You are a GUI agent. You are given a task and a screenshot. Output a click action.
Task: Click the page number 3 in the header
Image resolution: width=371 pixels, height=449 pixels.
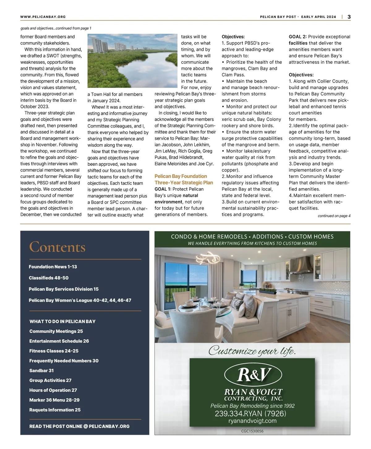[349, 17]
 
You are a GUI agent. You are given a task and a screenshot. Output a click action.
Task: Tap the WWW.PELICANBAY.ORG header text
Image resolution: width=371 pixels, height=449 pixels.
[43, 17]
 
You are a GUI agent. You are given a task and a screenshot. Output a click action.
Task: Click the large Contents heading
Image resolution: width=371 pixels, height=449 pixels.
[57, 247]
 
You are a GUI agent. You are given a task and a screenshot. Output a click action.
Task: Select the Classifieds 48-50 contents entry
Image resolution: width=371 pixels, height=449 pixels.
[49, 278]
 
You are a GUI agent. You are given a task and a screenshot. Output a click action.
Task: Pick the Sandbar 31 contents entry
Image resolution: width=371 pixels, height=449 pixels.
[41, 370]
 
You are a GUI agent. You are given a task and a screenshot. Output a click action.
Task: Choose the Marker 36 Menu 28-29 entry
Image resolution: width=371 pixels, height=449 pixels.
[54, 400]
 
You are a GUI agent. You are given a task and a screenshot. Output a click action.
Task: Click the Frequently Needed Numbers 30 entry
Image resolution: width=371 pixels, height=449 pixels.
[64, 360]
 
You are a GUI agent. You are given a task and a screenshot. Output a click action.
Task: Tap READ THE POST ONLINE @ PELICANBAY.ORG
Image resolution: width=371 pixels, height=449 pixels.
[79, 426]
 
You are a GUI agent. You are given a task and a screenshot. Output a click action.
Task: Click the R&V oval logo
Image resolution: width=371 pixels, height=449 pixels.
[253, 375]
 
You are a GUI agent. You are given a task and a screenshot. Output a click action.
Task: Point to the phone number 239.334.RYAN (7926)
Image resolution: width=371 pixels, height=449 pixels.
[250, 413]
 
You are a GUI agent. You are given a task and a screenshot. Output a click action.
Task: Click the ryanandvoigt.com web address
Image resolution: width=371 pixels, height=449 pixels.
[252, 421]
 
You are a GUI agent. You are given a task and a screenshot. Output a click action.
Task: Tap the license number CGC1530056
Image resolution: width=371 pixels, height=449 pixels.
[252, 431]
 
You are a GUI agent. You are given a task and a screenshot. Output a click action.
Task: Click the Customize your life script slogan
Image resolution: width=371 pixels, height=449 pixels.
[252, 351]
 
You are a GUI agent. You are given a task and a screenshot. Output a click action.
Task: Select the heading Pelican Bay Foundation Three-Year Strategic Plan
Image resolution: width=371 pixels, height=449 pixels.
[184, 179]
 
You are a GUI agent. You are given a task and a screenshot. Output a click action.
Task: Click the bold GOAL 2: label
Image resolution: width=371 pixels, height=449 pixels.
[297, 37]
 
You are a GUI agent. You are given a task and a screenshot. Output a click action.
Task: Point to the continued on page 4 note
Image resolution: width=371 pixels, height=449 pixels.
[334, 216]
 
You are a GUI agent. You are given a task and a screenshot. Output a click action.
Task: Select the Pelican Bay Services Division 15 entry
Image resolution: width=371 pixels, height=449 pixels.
[64, 289]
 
